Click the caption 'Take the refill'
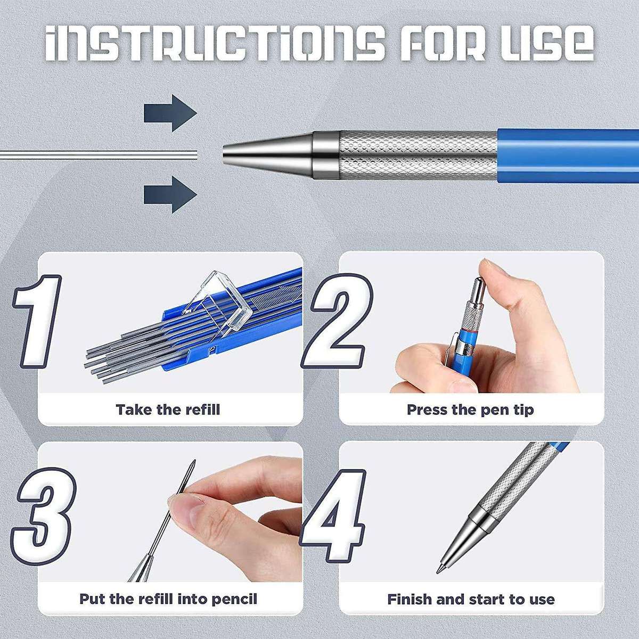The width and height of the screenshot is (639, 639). click(x=168, y=409)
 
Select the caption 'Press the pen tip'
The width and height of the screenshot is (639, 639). click(x=470, y=409)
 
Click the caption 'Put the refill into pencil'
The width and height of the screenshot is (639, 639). click(x=168, y=599)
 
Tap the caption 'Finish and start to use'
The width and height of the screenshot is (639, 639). click(x=471, y=599)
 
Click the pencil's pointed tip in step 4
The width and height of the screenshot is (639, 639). click(x=440, y=570)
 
